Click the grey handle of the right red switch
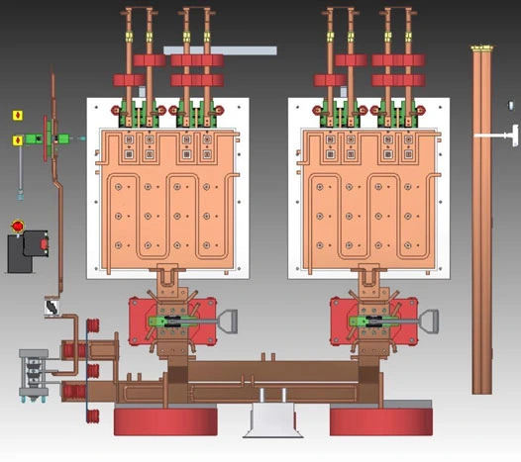pos(429,323)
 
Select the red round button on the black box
pos(17,227)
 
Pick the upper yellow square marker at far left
pos(16,116)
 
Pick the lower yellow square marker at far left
pos(16,140)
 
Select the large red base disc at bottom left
pos(164,421)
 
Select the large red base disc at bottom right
pos(381,421)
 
